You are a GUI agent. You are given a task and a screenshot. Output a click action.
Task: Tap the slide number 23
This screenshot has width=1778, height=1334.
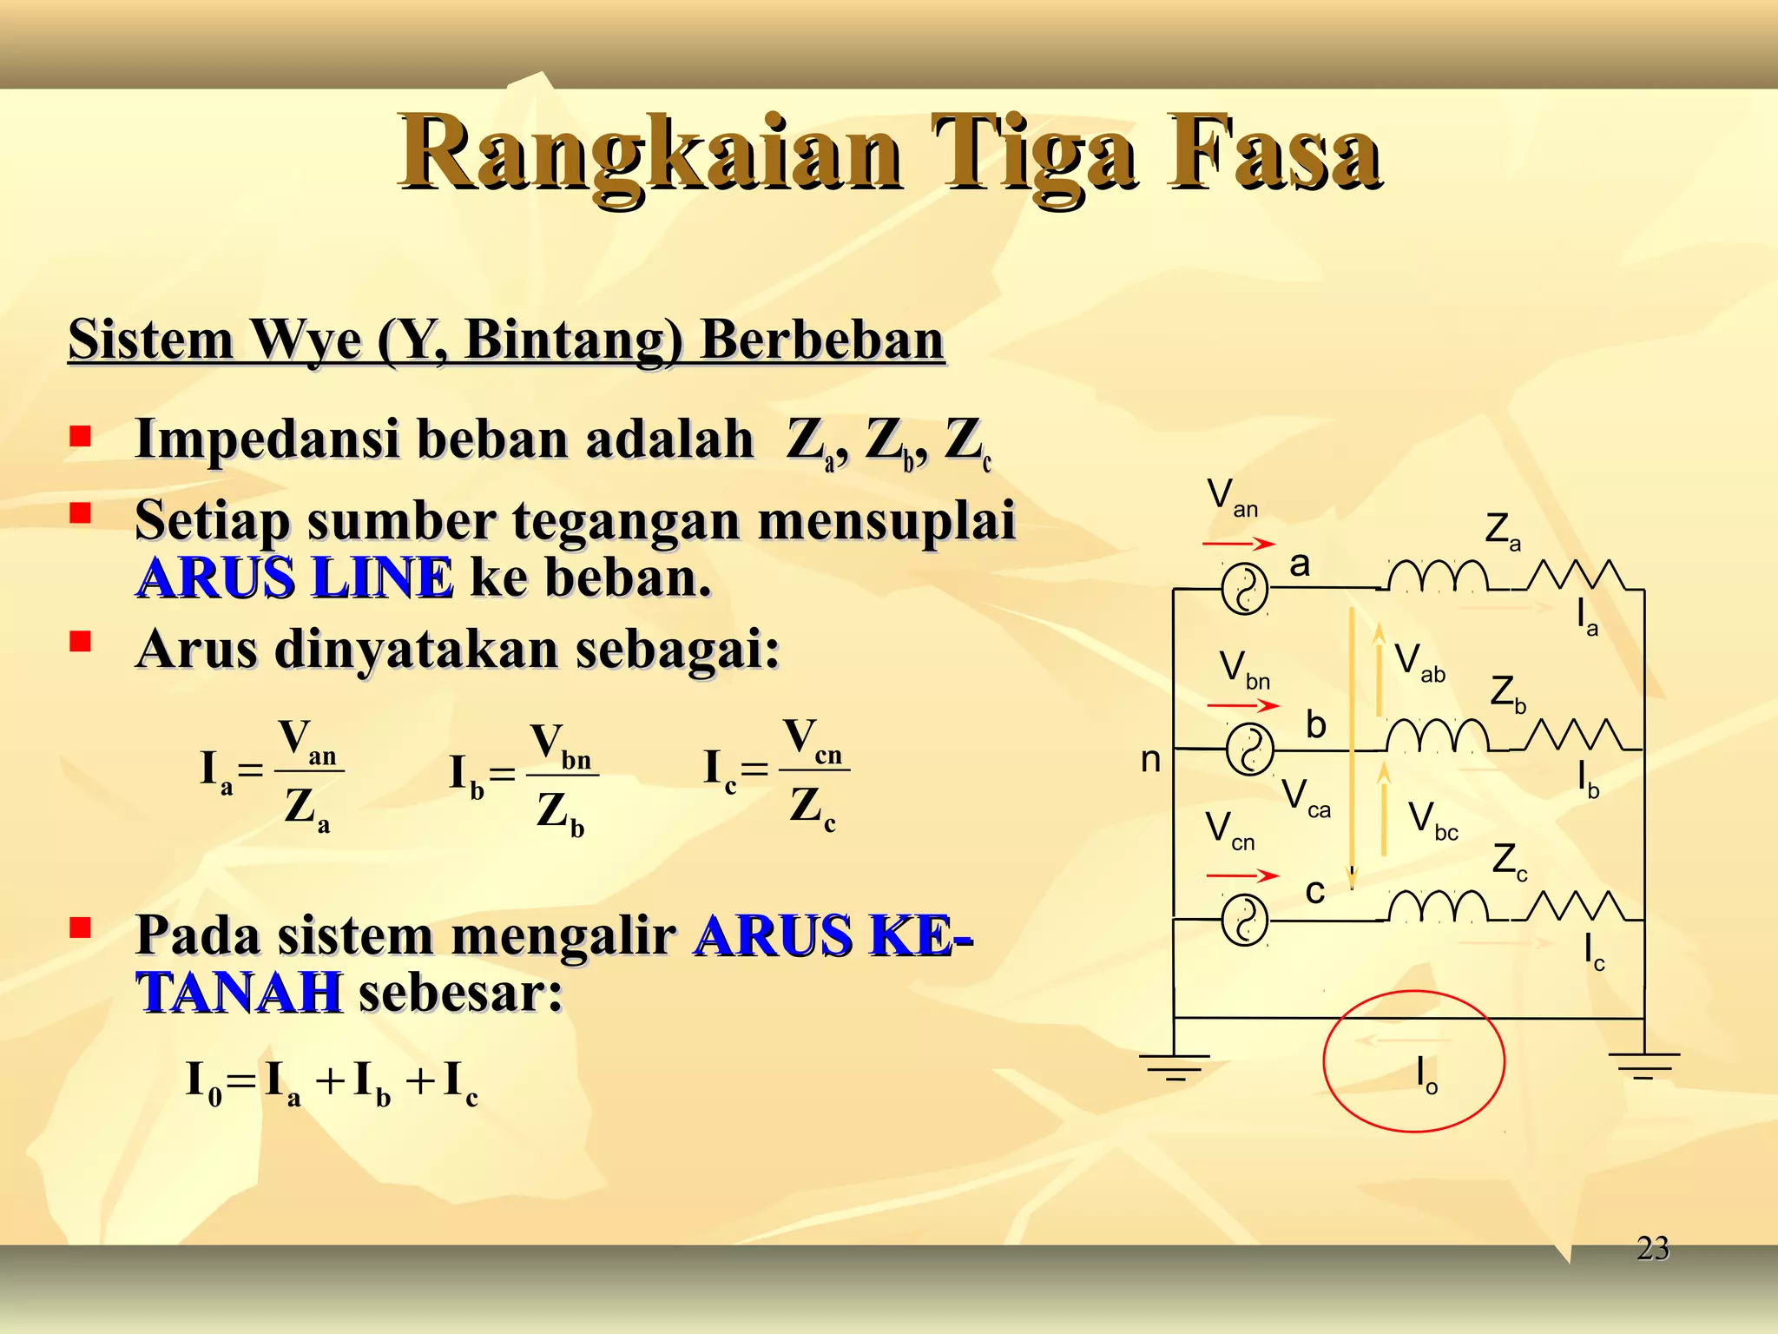(x=1652, y=1249)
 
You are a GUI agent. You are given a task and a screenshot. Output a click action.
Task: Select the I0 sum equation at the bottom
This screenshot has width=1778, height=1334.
(x=333, y=1083)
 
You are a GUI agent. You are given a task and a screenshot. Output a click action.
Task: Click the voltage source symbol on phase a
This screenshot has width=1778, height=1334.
(x=1245, y=590)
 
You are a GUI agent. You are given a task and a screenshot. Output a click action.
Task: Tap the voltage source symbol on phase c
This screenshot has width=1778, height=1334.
(x=1245, y=921)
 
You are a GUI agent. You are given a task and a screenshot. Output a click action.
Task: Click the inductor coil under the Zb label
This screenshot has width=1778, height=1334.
(x=1437, y=736)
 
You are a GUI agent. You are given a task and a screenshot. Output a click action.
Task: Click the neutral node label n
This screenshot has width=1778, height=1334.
(x=1150, y=760)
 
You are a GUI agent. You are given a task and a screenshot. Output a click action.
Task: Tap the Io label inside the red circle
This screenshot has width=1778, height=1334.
(x=1426, y=1074)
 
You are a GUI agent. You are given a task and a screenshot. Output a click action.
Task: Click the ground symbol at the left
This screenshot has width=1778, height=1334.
(x=1175, y=1066)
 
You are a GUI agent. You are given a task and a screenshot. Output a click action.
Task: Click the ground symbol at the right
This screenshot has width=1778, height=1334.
(x=1643, y=1064)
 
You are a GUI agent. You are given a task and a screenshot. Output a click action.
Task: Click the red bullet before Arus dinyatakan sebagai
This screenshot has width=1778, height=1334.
(x=81, y=642)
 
